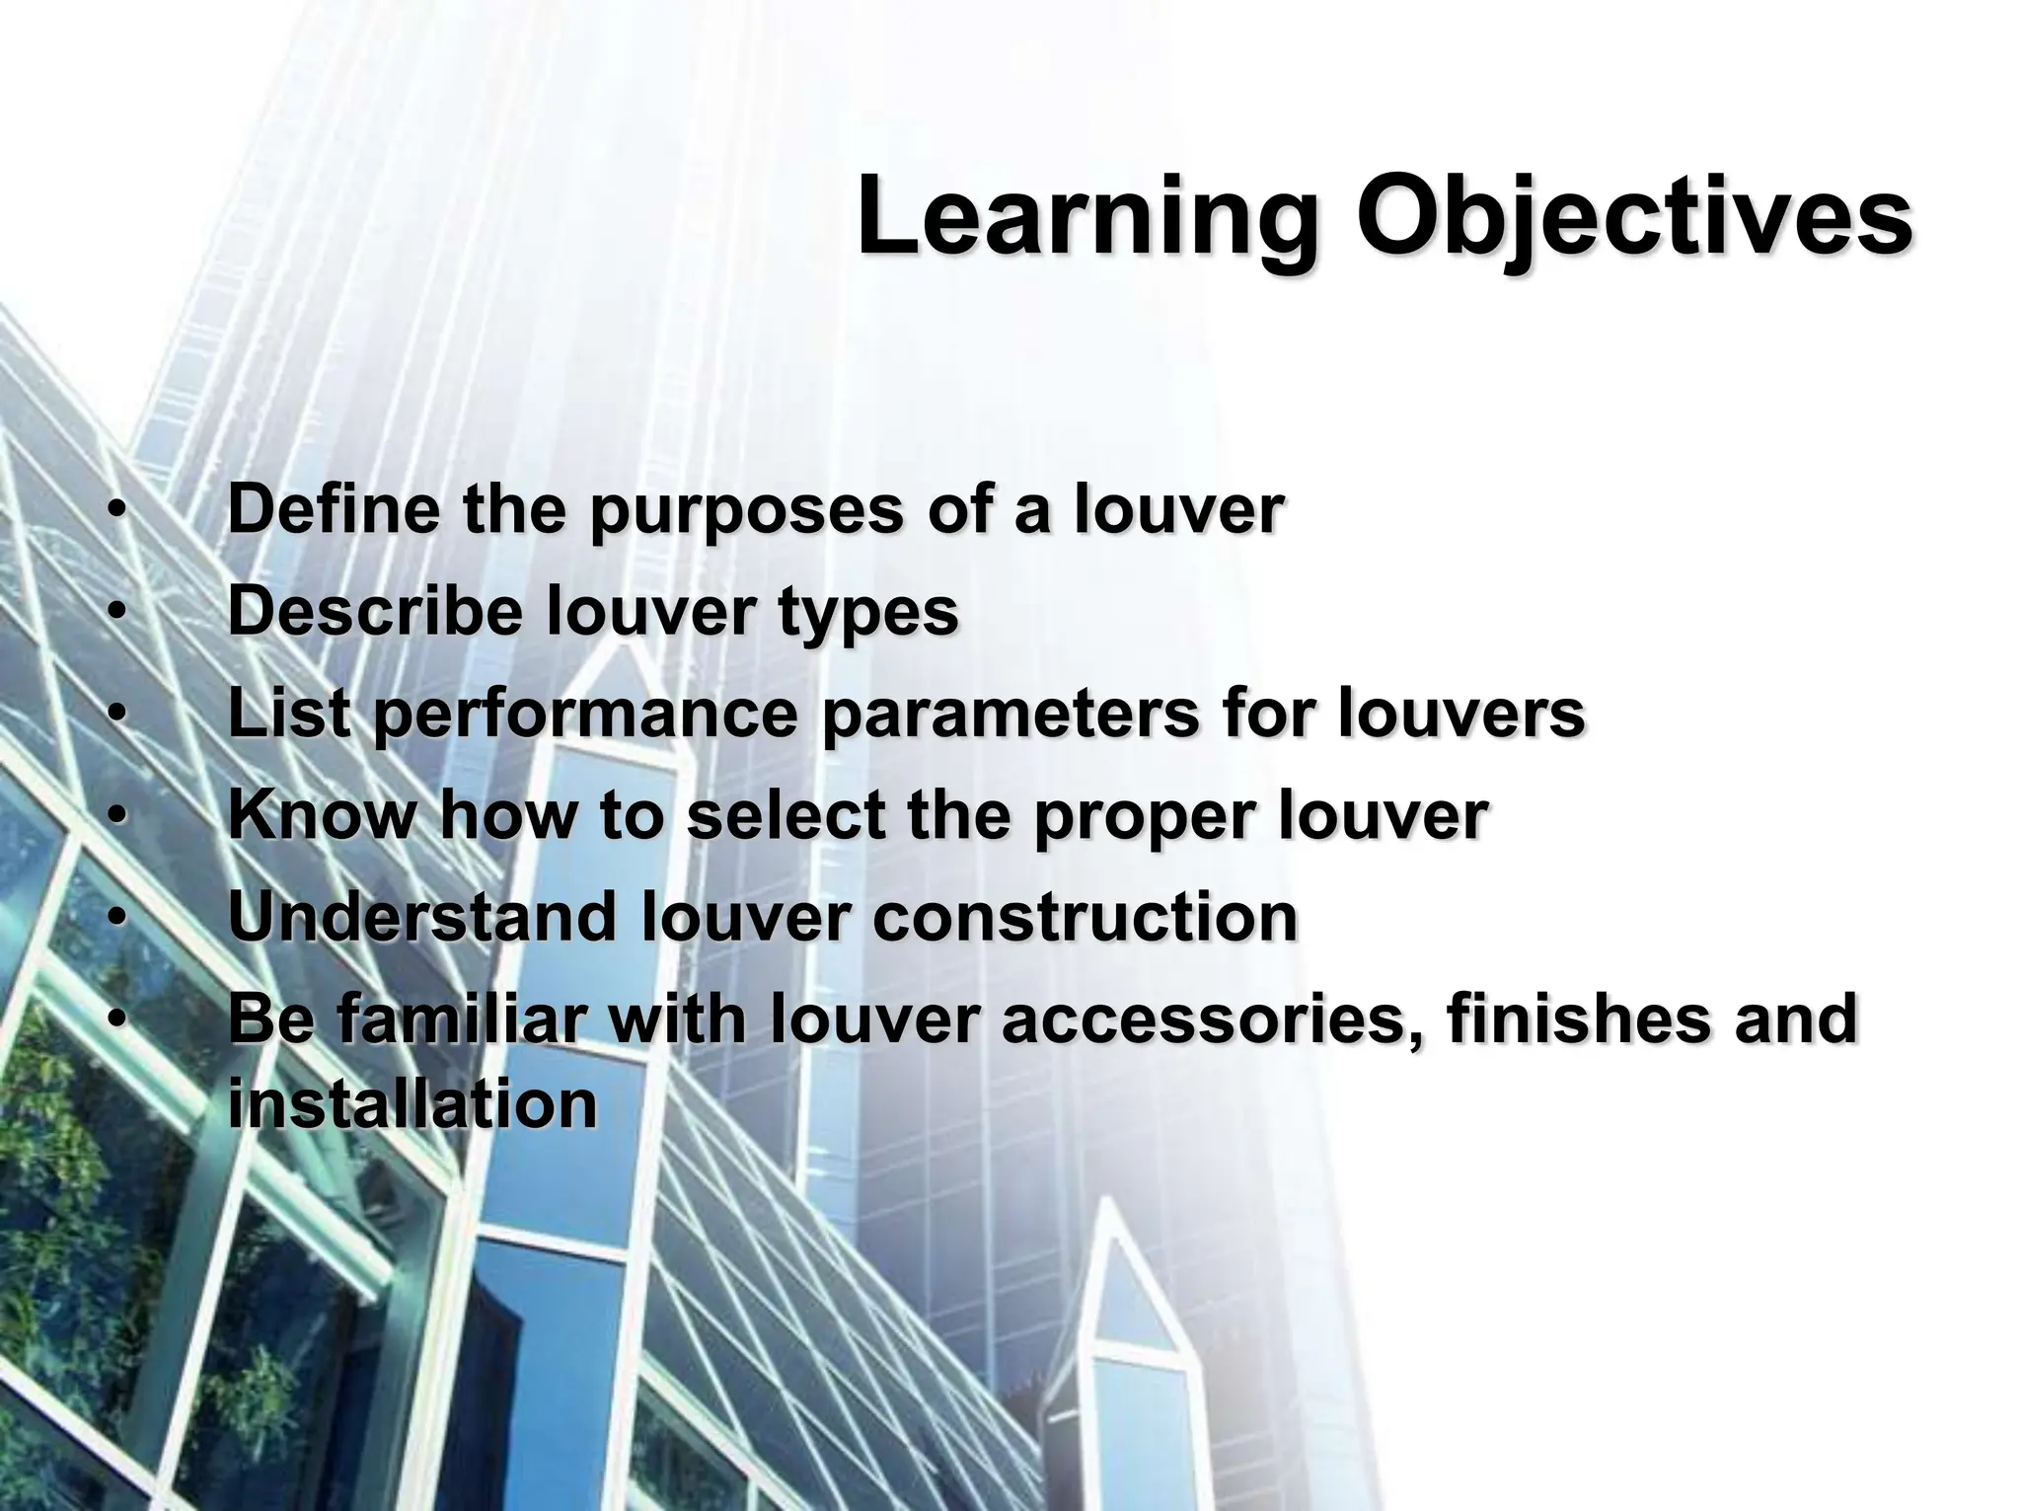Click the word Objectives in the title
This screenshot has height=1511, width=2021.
coord(1633,217)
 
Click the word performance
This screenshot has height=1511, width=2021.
coord(586,716)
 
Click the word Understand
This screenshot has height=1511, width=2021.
coord(422,917)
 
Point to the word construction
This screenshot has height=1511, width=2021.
coord(1085,917)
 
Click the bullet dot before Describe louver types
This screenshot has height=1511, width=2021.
coord(116,612)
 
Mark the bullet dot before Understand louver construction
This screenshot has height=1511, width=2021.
coord(116,918)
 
